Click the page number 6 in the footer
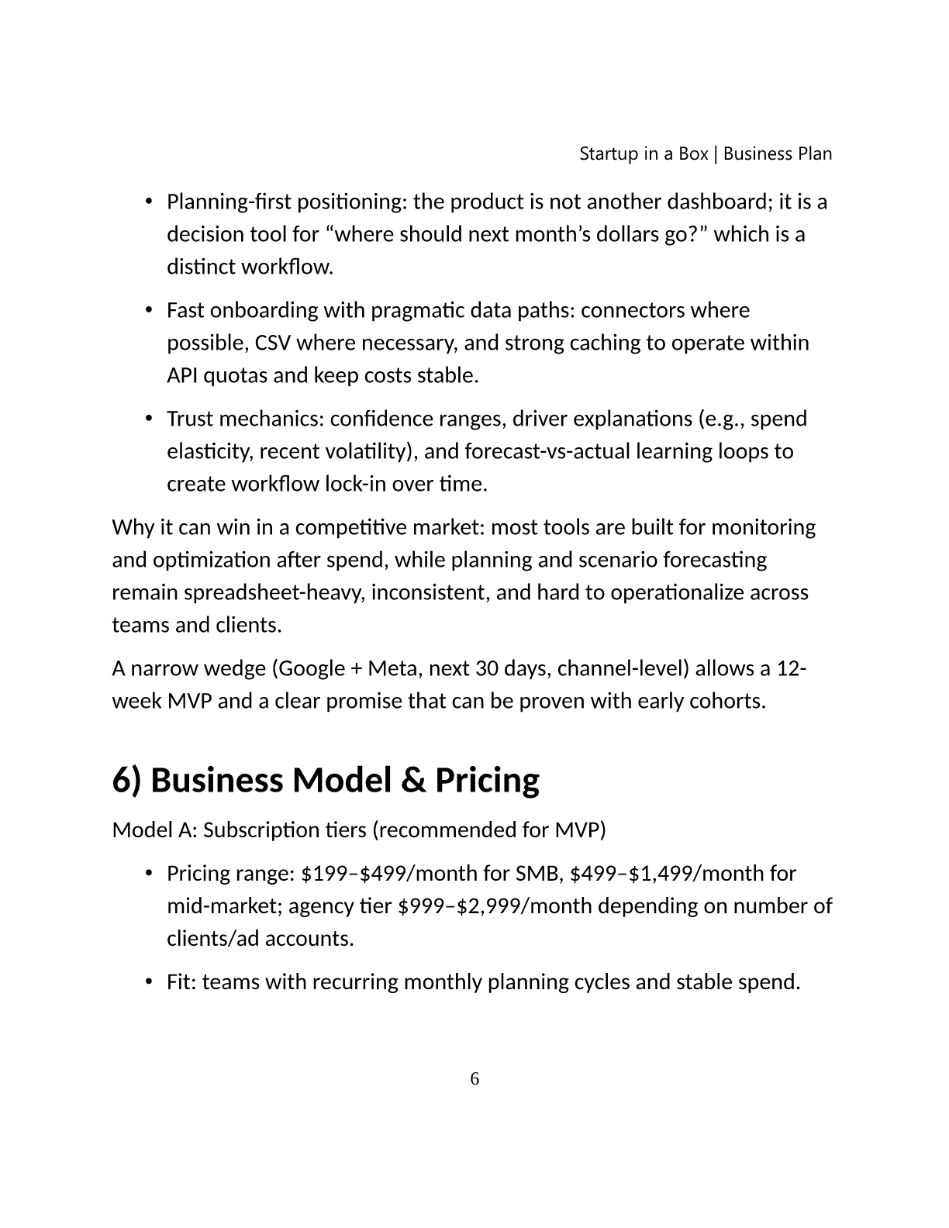pos(474,1078)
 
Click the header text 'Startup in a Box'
pos(644,153)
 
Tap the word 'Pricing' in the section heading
pos(487,780)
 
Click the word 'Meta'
pos(392,668)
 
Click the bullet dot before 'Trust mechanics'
pos(148,419)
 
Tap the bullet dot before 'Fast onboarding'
pos(148,310)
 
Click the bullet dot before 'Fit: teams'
pos(148,981)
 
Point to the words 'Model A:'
pos(154,830)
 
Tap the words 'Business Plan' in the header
pos(778,153)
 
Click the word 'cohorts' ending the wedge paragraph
pos(728,701)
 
